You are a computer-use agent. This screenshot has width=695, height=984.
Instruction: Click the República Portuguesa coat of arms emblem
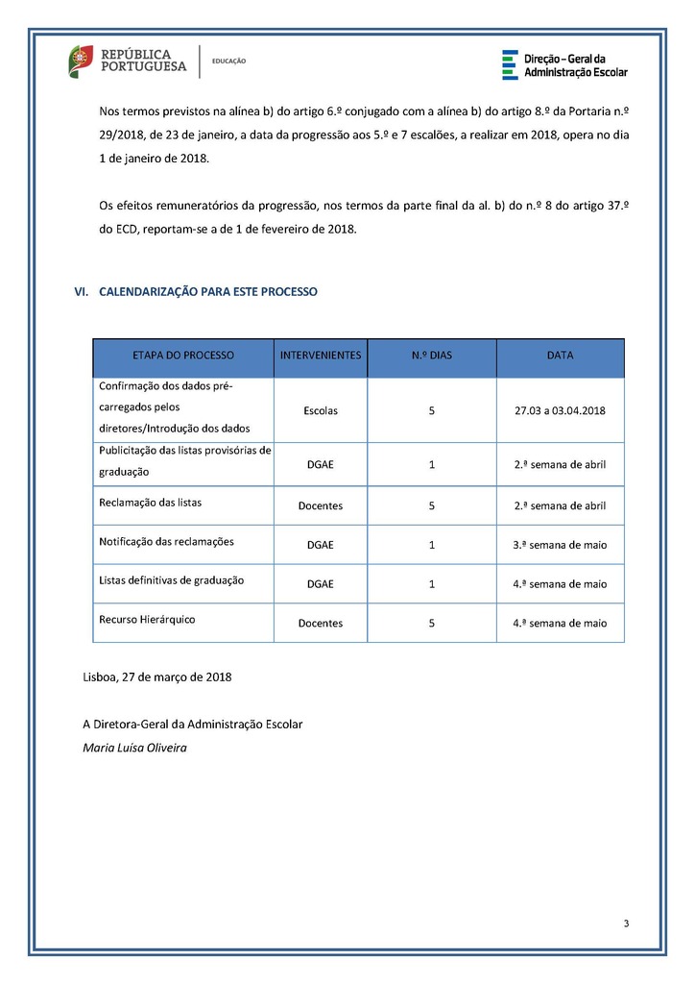tap(80, 61)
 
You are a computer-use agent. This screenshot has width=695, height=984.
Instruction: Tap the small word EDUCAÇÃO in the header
tap(228, 61)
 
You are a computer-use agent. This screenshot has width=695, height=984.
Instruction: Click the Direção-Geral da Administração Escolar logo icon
tap(509, 64)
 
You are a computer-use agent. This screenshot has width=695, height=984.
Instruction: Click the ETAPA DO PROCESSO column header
tap(183, 355)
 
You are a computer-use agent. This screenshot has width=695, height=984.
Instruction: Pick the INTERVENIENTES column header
tap(321, 355)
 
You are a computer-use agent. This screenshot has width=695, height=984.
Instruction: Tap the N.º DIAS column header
tap(431, 355)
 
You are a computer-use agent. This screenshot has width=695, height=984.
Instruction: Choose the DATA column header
tap(560, 355)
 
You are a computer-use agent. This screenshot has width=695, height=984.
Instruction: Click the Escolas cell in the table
tap(321, 410)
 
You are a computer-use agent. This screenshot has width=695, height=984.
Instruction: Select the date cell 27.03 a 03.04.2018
tap(560, 410)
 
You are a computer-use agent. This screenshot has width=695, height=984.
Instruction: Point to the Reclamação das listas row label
tap(151, 502)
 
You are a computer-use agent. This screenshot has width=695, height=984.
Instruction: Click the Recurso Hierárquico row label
tap(147, 619)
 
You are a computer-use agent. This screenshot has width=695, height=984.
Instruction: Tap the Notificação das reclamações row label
tap(166, 541)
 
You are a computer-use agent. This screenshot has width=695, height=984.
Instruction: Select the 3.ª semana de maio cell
tap(560, 545)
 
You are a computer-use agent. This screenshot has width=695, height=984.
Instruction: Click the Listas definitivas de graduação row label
tap(172, 579)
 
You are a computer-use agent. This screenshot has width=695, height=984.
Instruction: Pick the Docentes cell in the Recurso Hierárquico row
tap(321, 623)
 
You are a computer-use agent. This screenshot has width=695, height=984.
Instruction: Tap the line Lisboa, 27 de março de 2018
tap(157, 676)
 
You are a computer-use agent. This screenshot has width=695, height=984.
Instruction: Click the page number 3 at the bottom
tap(626, 924)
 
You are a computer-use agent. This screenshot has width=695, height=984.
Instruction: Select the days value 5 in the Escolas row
tap(432, 410)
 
